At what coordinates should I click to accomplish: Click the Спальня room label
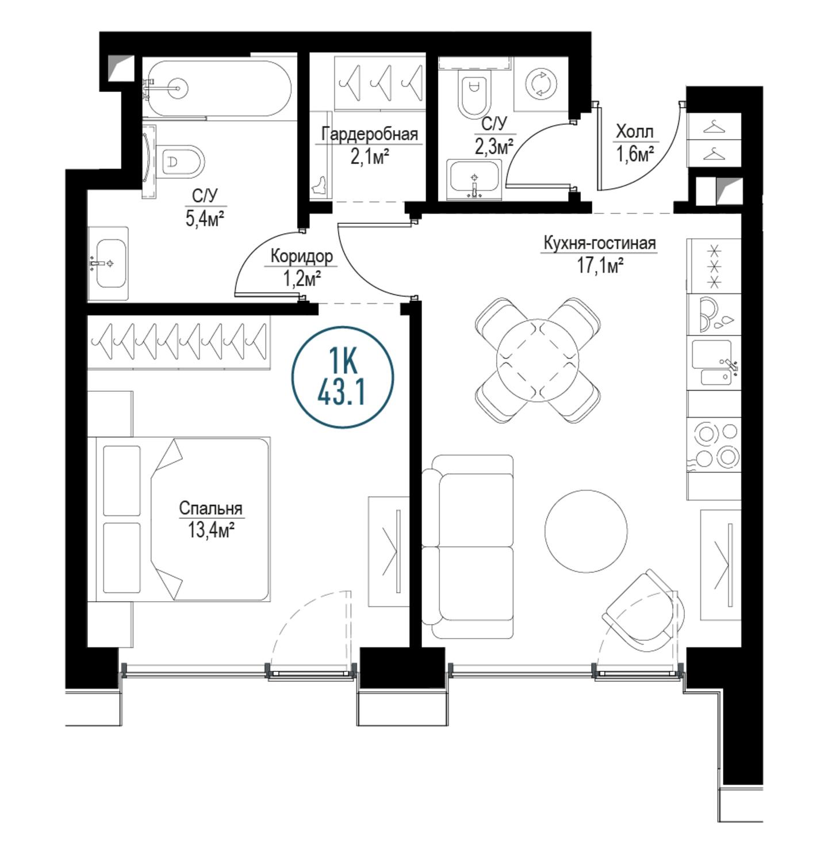tap(210, 509)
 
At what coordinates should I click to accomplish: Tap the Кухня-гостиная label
tap(600, 243)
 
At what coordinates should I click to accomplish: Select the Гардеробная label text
tap(370, 135)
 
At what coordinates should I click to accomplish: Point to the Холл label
tap(635, 131)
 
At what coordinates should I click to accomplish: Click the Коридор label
tap(301, 256)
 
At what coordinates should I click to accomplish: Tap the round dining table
tap(538, 360)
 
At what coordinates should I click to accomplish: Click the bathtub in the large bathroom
tap(217, 89)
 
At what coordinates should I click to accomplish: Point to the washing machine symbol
tap(542, 83)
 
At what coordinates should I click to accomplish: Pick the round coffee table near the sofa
tap(586, 530)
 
